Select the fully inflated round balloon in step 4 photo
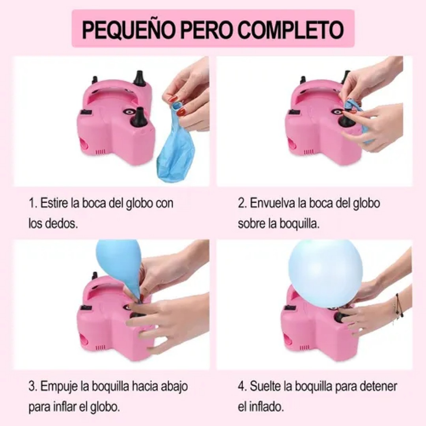[x=325, y=273]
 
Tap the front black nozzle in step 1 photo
[x=139, y=117]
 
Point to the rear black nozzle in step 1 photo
[x=140, y=78]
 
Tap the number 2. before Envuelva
[x=242, y=204]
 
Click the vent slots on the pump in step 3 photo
[x=101, y=348]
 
